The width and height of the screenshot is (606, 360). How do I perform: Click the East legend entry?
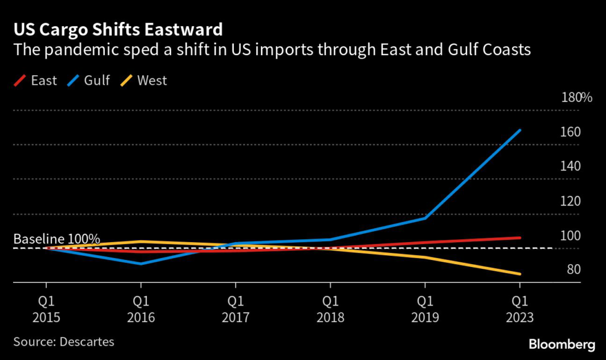tap(35, 81)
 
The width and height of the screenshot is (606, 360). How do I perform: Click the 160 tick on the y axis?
tap(570, 132)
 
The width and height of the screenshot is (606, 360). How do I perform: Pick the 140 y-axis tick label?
tap(570, 166)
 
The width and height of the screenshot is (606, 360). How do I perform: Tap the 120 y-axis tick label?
tap(570, 201)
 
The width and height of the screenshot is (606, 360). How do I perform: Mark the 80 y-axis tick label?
tap(571, 270)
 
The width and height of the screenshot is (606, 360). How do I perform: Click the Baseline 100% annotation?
tap(57, 239)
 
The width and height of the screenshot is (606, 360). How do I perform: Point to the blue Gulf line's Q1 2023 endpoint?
tap(520, 130)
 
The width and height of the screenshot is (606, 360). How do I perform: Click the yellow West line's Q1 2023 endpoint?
tap(520, 274)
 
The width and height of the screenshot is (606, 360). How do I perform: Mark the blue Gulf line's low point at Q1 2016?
tap(140, 263)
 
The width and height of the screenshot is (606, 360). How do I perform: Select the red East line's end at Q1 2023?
tap(520, 238)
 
